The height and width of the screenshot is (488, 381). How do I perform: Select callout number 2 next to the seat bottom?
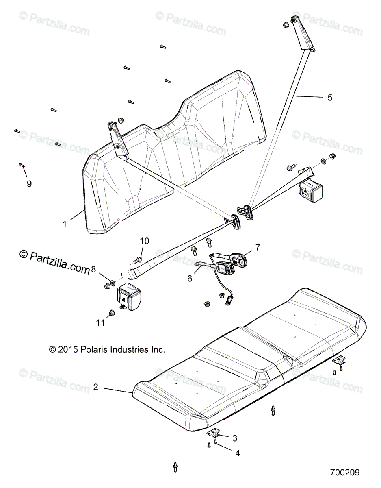[x=96, y=387]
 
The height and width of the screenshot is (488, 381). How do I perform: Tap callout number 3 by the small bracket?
[x=234, y=438]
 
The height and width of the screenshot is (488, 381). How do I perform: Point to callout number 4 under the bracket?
[x=238, y=453]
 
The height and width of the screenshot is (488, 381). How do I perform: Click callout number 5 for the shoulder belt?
[x=329, y=98]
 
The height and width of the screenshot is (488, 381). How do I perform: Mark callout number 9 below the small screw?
[x=29, y=184]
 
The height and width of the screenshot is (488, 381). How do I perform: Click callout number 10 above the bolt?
[x=145, y=241]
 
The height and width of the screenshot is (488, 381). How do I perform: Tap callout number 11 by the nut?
[x=100, y=323]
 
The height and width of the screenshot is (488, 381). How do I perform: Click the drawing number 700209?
[x=344, y=473]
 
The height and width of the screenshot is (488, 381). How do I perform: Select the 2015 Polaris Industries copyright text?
[x=107, y=349]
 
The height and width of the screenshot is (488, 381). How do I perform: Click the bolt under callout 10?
[x=139, y=259]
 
